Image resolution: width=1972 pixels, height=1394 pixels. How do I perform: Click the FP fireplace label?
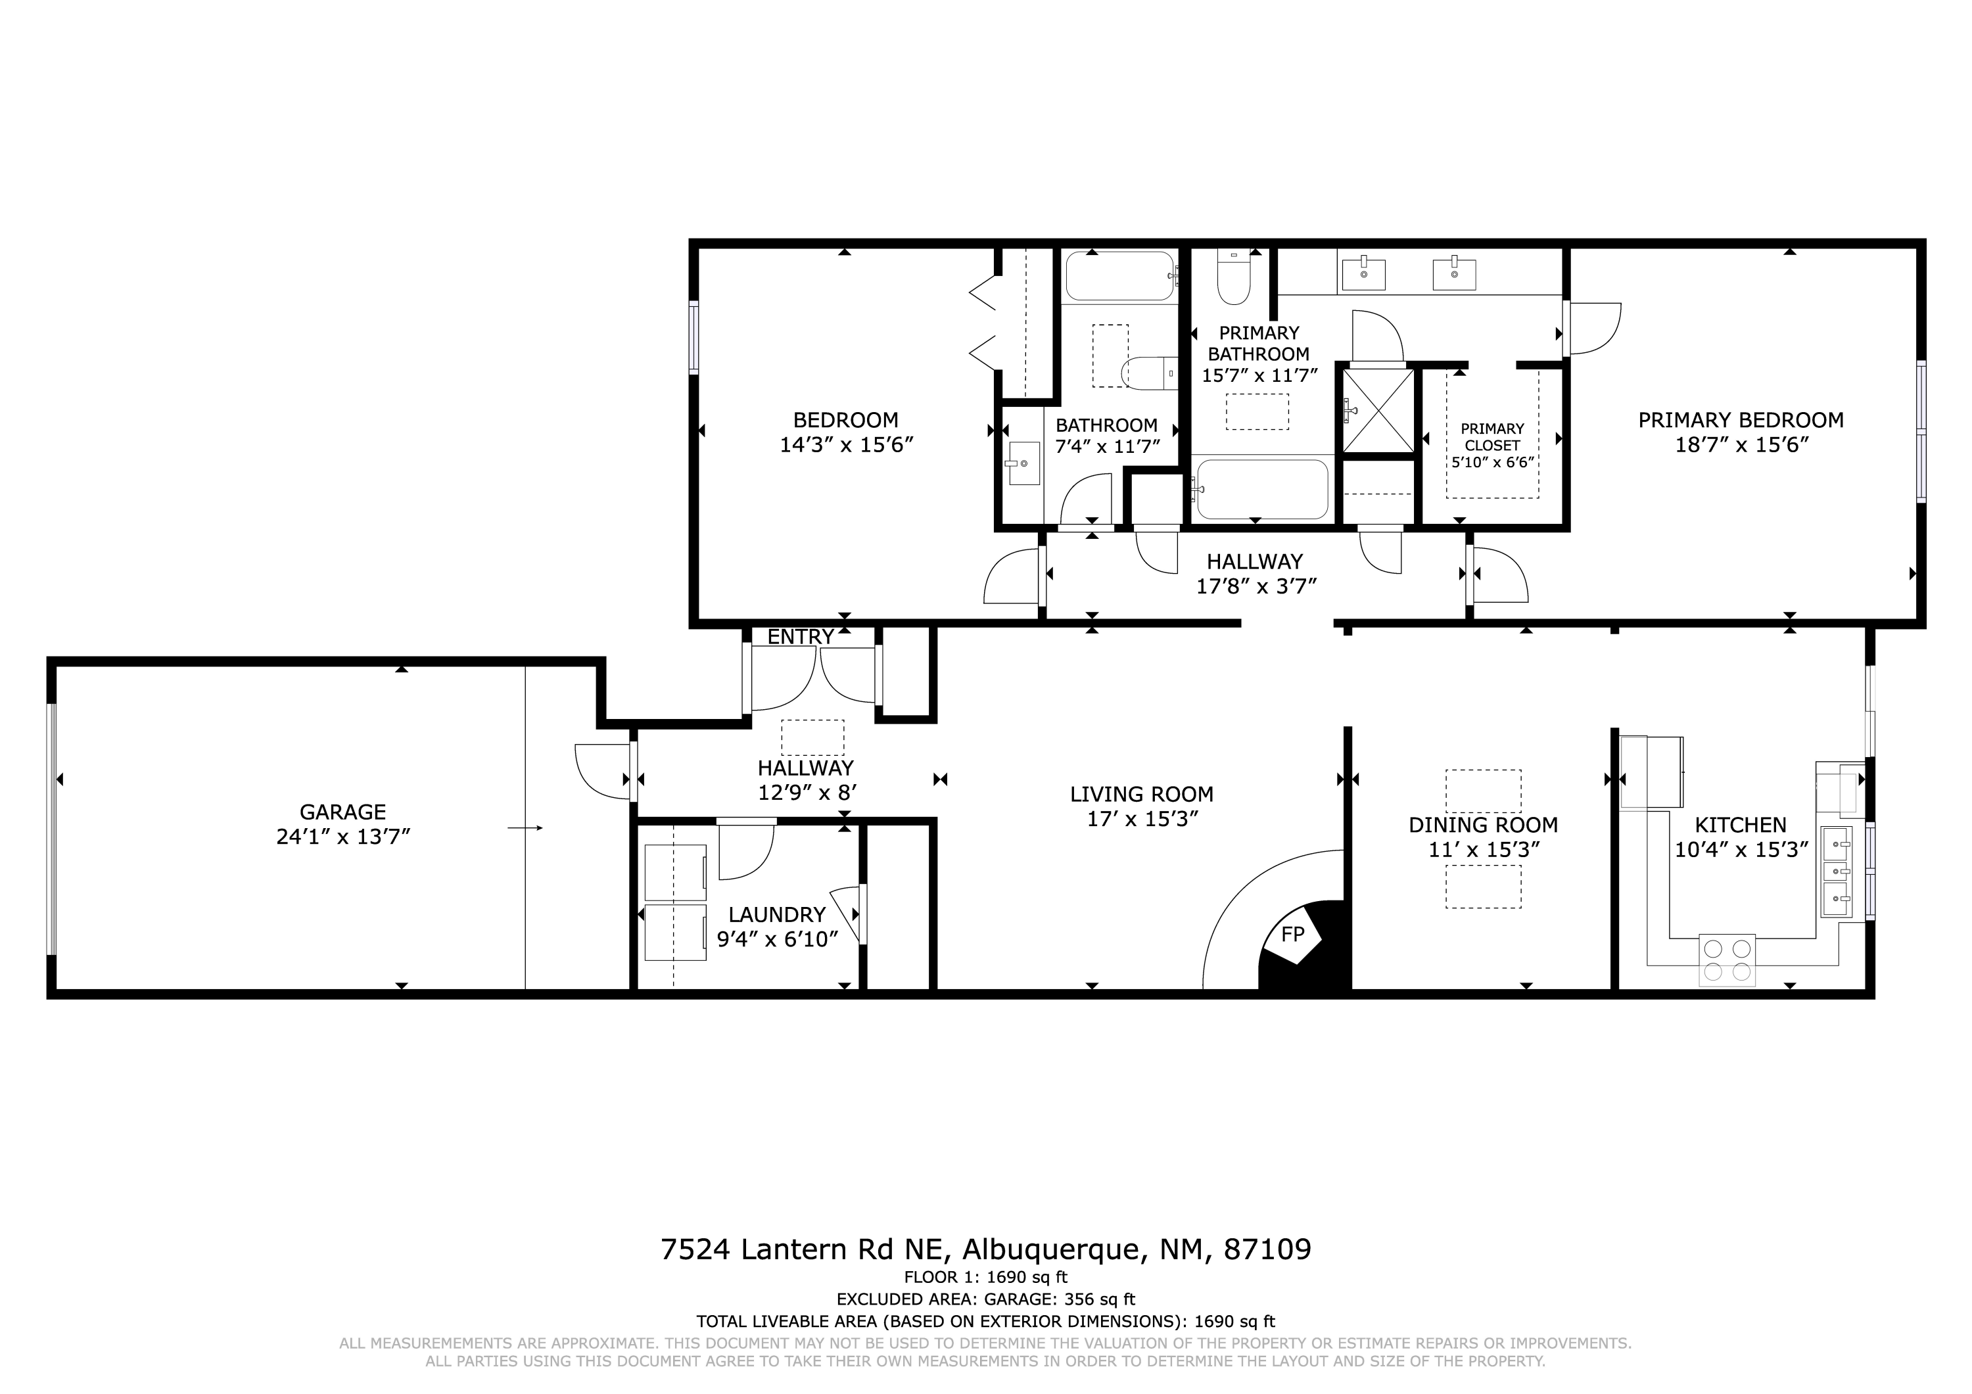click(x=1292, y=935)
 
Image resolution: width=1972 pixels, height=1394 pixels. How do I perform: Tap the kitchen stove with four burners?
click(x=1727, y=960)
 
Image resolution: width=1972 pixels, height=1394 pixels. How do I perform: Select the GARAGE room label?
click(x=342, y=812)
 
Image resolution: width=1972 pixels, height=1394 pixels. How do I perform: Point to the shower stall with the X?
click(x=1378, y=409)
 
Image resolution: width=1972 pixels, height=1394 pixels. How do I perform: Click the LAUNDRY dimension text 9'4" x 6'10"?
click(x=777, y=940)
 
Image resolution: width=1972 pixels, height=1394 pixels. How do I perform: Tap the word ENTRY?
click(x=801, y=638)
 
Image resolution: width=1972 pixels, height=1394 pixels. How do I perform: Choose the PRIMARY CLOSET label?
click(x=1493, y=437)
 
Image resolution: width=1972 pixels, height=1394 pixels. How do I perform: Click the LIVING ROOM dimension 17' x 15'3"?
click(x=1142, y=820)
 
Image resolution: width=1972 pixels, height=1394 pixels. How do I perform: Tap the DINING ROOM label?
click(x=1484, y=825)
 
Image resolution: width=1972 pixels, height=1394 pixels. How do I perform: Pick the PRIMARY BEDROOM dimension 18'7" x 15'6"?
click(x=1741, y=445)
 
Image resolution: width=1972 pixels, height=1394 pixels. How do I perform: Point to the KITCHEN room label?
click(x=1741, y=825)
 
